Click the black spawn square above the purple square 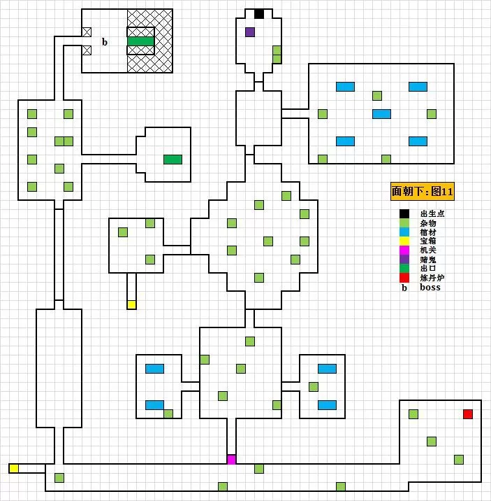(x=259, y=13)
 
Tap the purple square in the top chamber (x=250, y=31)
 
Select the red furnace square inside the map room (x=468, y=414)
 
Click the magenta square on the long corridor (x=231, y=460)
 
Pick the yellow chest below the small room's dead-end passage (x=131, y=304)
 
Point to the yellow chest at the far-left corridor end (x=14, y=468)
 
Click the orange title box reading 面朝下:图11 (x=423, y=191)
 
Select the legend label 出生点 (x=432, y=214)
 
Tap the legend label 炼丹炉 (x=432, y=278)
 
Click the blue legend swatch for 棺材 (x=404, y=232)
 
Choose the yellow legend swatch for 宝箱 (x=404, y=241)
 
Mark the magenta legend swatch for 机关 (x=404, y=250)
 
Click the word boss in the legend (x=430, y=288)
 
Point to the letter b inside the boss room (x=105, y=42)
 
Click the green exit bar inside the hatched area (x=140, y=41)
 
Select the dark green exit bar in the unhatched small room (x=173, y=160)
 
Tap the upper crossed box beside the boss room (x=87, y=31)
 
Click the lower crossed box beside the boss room (x=87, y=50)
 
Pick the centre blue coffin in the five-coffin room (x=381, y=114)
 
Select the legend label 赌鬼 (x=427, y=260)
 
